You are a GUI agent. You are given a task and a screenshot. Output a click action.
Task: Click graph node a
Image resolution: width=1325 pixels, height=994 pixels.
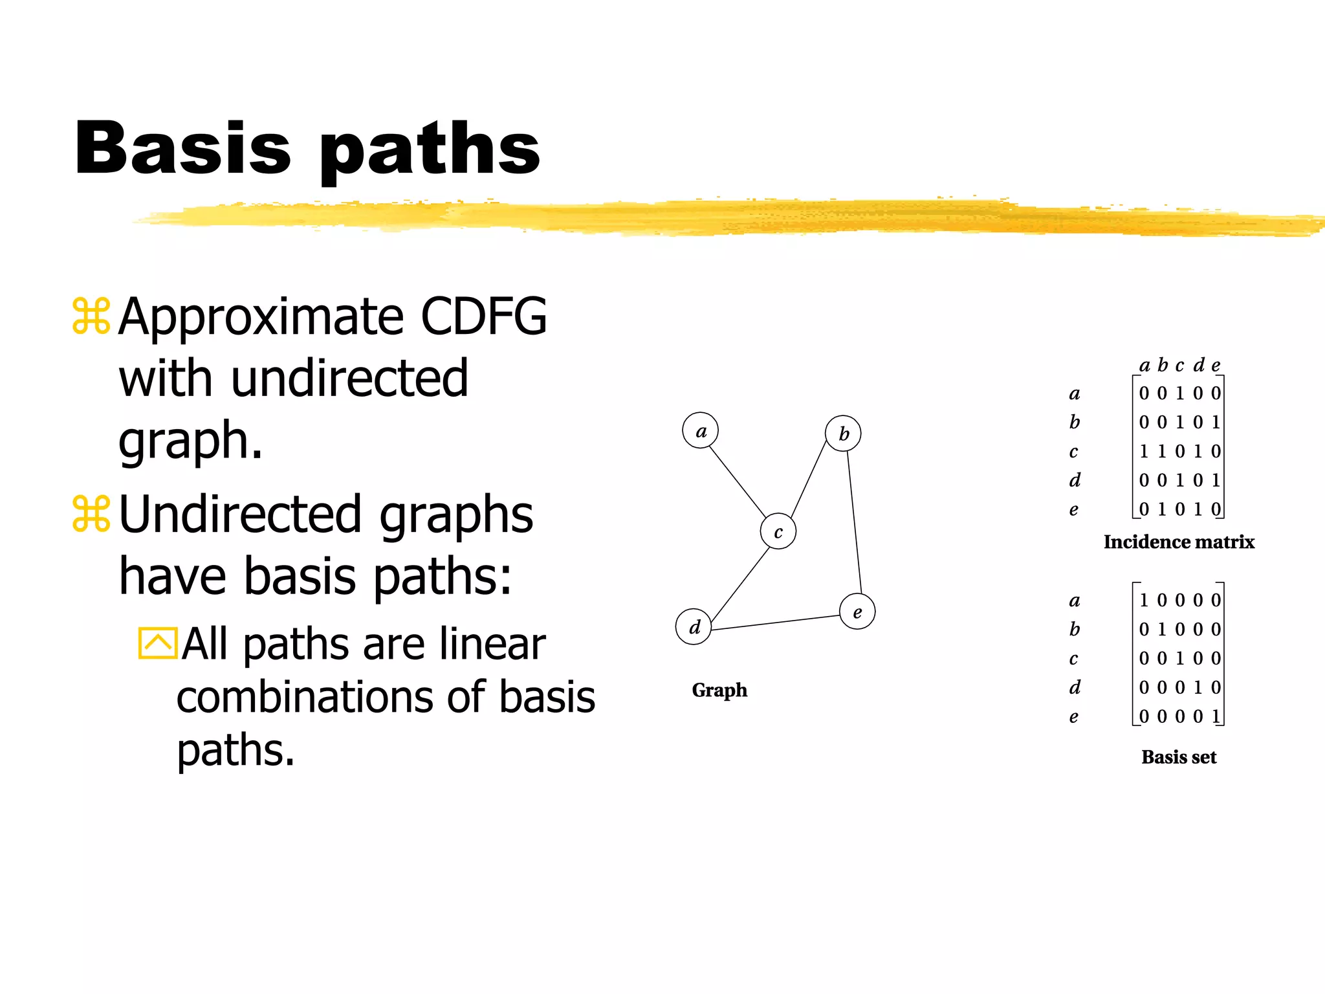click(700, 430)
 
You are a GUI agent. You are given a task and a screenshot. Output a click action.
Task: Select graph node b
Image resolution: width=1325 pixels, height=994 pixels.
click(843, 433)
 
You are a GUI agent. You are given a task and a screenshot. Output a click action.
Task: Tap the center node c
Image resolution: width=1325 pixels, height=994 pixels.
click(778, 531)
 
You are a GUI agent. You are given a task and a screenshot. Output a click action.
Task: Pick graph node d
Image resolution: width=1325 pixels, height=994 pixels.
click(694, 626)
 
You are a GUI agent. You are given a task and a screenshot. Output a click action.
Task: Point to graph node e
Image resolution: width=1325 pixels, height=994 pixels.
click(857, 612)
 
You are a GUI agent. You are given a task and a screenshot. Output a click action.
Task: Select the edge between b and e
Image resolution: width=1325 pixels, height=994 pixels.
click(854, 521)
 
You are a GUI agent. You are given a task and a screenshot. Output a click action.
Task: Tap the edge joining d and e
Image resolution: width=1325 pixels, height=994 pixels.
click(775, 622)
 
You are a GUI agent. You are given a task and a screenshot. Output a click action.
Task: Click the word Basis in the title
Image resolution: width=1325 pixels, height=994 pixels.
click(182, 148)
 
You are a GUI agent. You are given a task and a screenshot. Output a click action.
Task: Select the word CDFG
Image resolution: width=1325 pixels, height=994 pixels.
click(483, 316)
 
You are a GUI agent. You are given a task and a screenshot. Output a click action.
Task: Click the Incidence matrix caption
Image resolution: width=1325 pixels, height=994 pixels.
click(1179, 542)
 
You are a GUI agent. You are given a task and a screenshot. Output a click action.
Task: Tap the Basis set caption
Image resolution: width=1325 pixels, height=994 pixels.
click(1179, 757)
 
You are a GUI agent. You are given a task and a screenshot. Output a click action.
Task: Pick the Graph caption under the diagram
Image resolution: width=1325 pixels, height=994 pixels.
click(719, 690)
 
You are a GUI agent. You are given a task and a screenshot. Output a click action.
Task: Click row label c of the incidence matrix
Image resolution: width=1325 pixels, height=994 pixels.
click(1074, 452)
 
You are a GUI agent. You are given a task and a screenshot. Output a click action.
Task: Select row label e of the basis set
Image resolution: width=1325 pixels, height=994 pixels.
click(1074, 717)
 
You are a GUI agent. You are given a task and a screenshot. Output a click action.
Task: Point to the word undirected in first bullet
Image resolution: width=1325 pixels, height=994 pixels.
click(349, 379)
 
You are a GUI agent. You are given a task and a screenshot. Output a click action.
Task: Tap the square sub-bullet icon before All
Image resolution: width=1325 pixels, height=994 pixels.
click(157, 643)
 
